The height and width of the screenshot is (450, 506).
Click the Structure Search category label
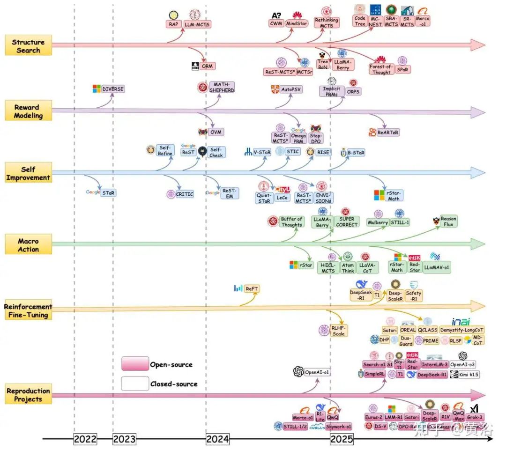(x=28, y=46)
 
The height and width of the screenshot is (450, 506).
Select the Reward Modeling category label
(x=28, y=111)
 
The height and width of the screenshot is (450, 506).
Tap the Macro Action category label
(x=28, y=245)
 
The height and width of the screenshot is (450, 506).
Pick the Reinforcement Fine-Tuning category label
(x=28, y=311)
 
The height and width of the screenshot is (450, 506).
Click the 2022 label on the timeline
(x=85, y=439)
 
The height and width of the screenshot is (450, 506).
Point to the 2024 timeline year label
(x=217, y=439)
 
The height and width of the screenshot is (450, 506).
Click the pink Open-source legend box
(x=135, y=364)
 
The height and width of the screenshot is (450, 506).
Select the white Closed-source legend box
(x=135, y=384)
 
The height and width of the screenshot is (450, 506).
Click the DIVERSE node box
(x=113, y=89)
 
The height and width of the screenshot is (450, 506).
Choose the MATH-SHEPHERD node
(x=222, y=87)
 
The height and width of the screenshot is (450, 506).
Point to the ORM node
(x=207, y=66)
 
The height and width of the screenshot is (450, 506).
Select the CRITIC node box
(x=184, y=194)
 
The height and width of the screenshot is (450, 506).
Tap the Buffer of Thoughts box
(x=291, y=221)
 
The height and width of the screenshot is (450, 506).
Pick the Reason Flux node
(x=448, y=221)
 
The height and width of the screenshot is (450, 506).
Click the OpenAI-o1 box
(x=317, y=372)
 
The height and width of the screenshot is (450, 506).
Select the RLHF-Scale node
(x=339, y=330)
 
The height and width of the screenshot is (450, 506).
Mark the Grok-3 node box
(x=474, y=417)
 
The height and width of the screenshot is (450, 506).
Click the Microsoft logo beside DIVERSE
(x=97, y=89)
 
